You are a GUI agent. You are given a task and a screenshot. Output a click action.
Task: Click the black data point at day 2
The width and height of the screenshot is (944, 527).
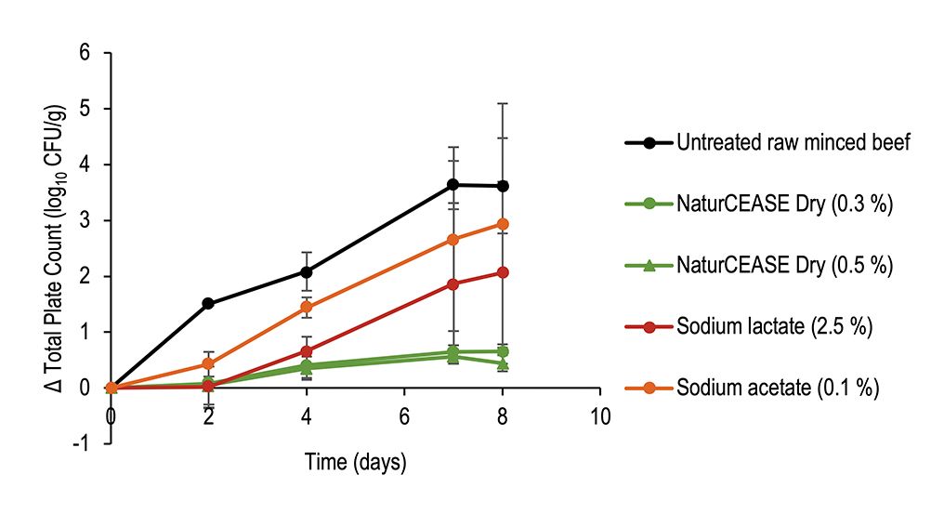pyautogui.click(x=208, y=303)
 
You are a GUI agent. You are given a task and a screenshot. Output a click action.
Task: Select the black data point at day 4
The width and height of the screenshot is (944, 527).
pyautogui.click(x=307, y=271)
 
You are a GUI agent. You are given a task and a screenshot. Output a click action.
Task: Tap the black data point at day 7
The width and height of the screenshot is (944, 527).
pyautogui.click(x=453, y=185)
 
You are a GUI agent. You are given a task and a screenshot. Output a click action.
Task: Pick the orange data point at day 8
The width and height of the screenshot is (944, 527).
pyautogui.click(x=503, y=224)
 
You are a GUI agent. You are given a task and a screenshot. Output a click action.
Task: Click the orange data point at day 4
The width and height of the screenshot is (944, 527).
pyautogui.click(x=307, y=308)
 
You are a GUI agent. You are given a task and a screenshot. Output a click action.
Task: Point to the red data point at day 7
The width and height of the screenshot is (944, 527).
pyautogui.click(x=453, y=283)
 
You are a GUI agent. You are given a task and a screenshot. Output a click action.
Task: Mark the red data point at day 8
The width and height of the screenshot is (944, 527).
pyautogui.click(x=503, y=272)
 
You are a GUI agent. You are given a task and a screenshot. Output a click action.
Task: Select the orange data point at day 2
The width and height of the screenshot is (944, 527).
pyautogui.click(x=208, y=363)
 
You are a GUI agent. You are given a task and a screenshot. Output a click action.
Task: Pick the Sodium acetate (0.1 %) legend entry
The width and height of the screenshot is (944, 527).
pyautogui.click(x=777, y=389)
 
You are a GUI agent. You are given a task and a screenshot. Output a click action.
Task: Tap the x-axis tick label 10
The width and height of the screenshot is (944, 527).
pyautogui.click(x=600, y=415)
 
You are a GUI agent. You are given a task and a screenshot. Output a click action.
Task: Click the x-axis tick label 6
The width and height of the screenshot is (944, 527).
pyautogui.click(x=405, y=415)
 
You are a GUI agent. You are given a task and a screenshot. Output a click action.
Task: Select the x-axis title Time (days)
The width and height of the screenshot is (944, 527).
pyautogui.click(x=356, y=462)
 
